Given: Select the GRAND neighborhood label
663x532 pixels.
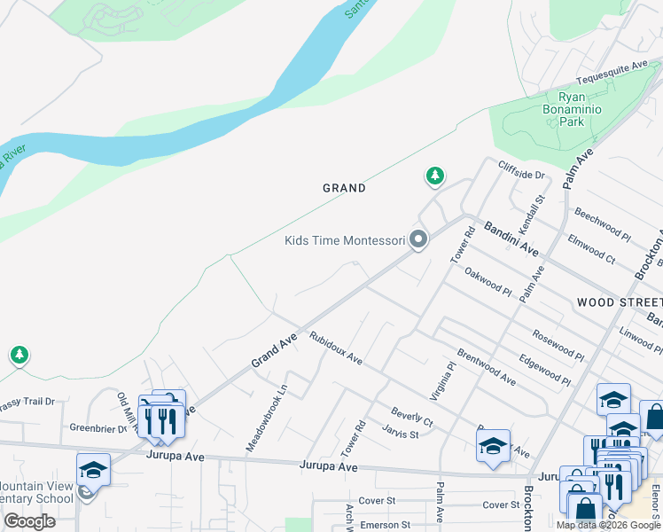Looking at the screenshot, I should pos(344,188).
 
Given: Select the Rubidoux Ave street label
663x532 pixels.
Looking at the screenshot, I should pos(336,348).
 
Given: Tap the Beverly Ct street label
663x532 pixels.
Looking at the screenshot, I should pos(412,417).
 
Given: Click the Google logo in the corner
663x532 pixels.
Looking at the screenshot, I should pos(29,521).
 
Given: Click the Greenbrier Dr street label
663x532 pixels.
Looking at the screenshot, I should pos(98,427).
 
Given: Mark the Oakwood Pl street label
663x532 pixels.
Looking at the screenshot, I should pos(488,284).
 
